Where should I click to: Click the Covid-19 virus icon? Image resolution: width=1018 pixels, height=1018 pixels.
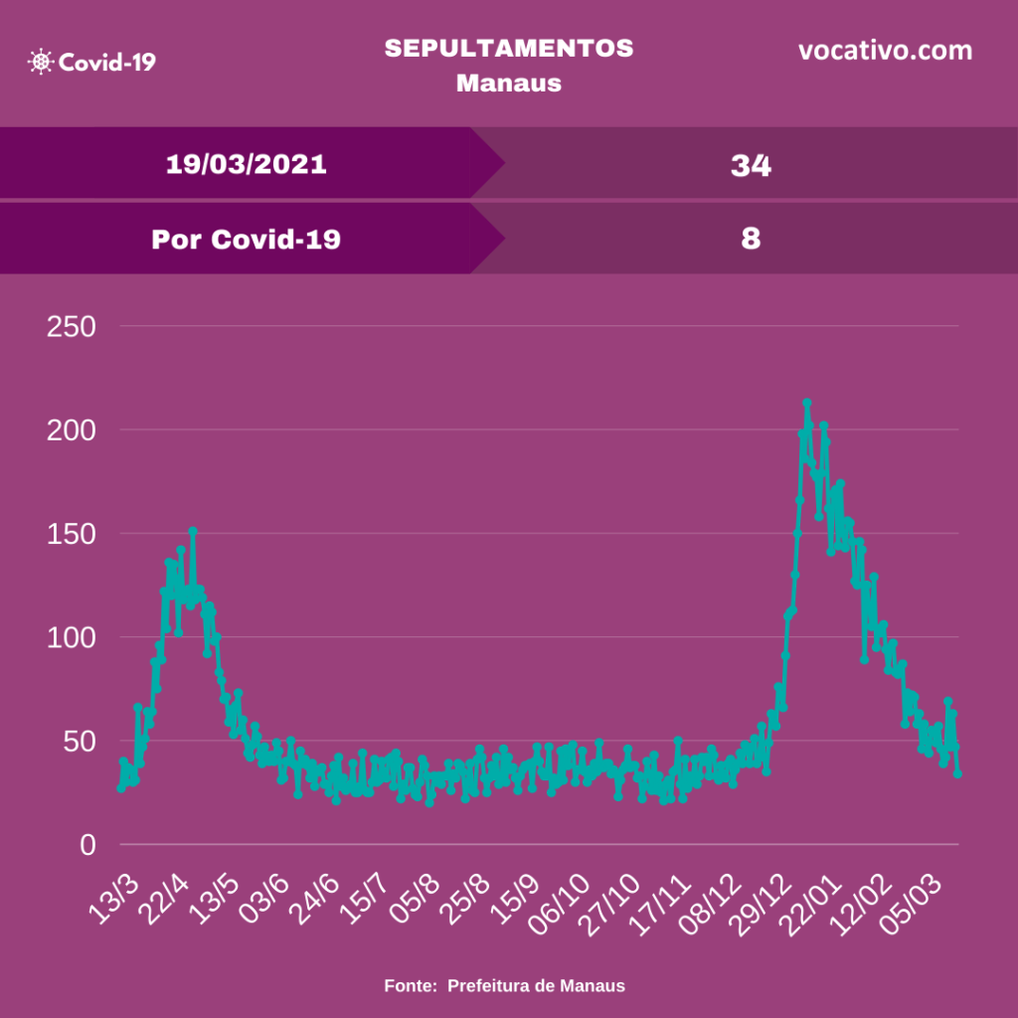coord(42,62)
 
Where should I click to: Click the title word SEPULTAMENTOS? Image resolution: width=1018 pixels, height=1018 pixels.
coord(509,49)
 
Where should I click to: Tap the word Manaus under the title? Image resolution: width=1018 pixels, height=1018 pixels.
coord(509,83)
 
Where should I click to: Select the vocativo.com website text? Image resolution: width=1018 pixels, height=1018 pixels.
coord(885,51)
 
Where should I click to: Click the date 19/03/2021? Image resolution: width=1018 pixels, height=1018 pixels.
coord(246,164)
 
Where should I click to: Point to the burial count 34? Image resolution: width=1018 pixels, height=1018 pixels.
coord(751,165)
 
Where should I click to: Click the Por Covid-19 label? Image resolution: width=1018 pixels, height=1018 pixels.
coord(246,240)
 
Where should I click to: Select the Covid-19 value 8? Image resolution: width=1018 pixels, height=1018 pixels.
coord(751,240)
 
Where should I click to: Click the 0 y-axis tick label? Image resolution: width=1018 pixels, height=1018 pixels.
coord(86,845)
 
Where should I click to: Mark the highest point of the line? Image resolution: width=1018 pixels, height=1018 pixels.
coord(807,403)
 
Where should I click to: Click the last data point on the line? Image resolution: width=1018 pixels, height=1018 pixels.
coord(958,773)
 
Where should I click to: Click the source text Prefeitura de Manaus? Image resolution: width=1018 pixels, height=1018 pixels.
coord(536,986)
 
